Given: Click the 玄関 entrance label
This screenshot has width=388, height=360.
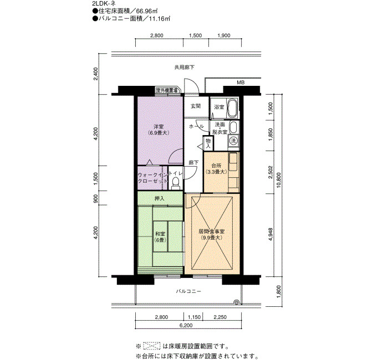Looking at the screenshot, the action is [x=196, y=106].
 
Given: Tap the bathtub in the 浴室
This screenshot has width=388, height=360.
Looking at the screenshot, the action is [x=232, y=109].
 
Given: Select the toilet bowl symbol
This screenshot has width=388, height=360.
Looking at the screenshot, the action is [x=176, y=182].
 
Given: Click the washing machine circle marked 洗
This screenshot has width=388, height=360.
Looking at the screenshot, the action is [x=233, y=141].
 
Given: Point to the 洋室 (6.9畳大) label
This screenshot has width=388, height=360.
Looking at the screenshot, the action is [x=159, y=130].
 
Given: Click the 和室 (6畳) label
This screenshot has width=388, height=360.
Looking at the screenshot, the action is [x=160, y=236].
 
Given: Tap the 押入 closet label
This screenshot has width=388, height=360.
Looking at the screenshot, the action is [x=160, y=198].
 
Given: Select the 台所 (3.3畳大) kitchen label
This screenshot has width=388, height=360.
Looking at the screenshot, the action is [x=216, y=168].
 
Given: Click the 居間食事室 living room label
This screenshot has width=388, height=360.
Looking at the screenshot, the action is [x=212, y=234].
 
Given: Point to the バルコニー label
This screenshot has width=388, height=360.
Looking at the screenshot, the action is [x=188, y=291].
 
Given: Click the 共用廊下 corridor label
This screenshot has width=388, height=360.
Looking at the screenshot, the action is [x=185, y=67].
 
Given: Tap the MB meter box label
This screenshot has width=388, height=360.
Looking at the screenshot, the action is [x=241, y=83].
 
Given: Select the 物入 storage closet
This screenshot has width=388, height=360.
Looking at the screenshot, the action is [x=208, y=143].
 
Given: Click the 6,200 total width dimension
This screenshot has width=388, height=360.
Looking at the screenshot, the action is [x=186, y=326].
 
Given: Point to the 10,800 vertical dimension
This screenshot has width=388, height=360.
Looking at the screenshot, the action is [x=279, y=180].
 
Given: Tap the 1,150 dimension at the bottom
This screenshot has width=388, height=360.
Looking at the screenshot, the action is [x=194, y=317].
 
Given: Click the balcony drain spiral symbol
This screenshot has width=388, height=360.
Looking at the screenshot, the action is [x=237, y=302].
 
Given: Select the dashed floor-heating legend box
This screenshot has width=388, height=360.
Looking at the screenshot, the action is [x=152, y=346].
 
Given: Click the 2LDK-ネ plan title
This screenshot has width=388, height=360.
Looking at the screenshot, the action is [x=104, y=4].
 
